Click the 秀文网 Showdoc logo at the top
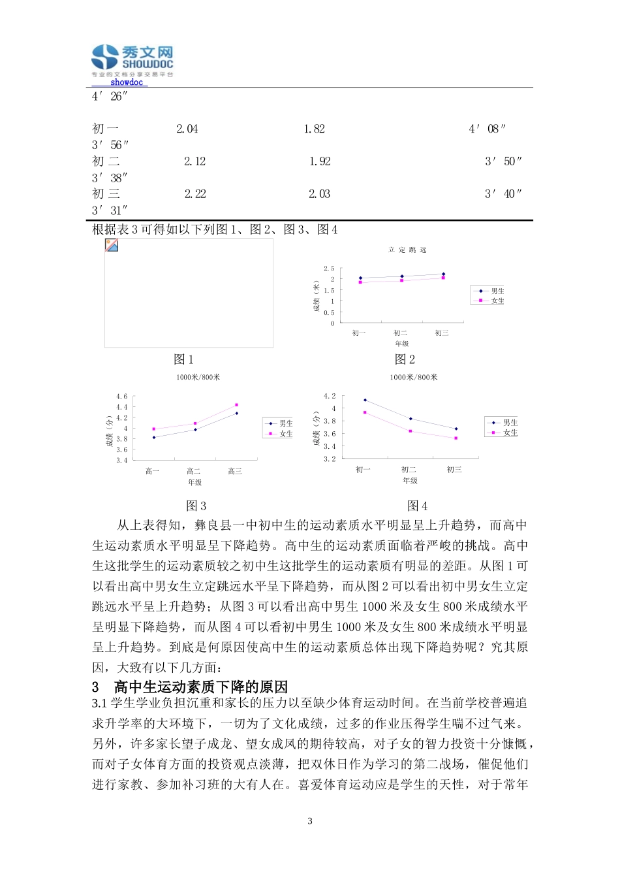(132, 59)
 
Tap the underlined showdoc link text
(126, 82)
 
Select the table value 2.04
(187, 129)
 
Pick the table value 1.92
(320, 161)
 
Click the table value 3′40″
(503, 194)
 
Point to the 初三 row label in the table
(106, 194)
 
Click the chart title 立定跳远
(407, 250)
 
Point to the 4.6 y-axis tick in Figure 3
(122, 397)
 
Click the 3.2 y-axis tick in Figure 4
(330, 459)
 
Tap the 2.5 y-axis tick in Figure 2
(329, 268)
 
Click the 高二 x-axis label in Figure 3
(194, 471)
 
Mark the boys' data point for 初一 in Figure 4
(365, 400)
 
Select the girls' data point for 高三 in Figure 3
(236, 405)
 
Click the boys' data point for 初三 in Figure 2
(443, 274)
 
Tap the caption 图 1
(183, 359)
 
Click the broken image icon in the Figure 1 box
(112, 246)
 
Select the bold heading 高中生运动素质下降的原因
(200, 687)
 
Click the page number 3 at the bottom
(310, 821)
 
